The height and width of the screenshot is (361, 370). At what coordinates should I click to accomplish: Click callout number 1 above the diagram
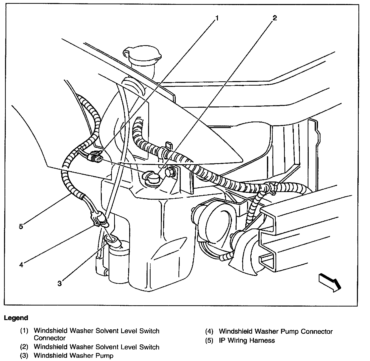tap(217, 18)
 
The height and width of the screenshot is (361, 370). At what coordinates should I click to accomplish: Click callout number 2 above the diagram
tap(274, 18)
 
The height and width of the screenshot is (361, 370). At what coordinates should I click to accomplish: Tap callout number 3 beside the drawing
tap(59, 283)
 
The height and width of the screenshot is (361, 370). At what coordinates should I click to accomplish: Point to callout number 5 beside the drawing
tap(21, 226)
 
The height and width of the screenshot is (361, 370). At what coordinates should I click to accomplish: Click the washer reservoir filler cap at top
tap(142, 54)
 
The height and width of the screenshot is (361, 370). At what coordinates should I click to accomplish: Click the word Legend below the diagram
tap(16, 318)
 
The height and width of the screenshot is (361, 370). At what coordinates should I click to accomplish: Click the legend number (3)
tap(24, 355)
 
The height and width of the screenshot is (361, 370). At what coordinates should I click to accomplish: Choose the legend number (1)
tap(24, 331)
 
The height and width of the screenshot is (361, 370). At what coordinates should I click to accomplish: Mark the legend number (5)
tap(209, 340)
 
